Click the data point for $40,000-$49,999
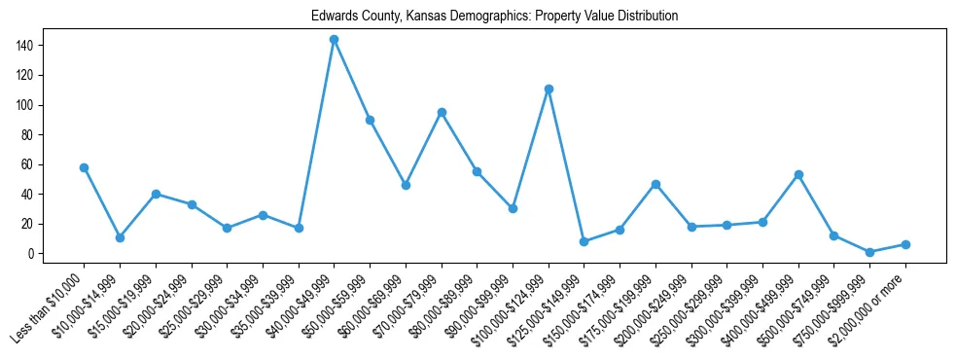click(334, 40)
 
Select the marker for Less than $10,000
click(84, 167)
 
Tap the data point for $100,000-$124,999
click(549, 89)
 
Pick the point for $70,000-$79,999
click(442, 112)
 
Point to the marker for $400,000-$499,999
click(798, 174)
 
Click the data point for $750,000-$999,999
click(869, 252)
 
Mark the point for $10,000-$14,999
click(120, 237)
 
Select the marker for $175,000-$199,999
click(655, 184)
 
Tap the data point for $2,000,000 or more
click(905, 244)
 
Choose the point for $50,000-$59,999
click(370, 120)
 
